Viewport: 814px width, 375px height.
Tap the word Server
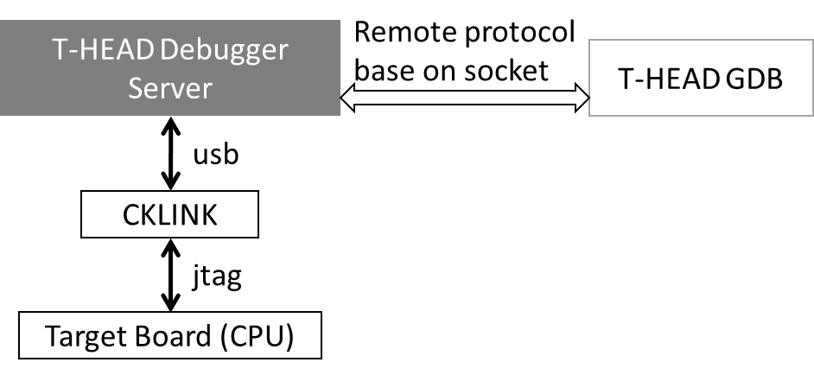[x=170, y=89]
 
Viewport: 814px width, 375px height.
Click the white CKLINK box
[x=169, y=214]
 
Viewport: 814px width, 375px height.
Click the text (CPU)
[x=254, y=337]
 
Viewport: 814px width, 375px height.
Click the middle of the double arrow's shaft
[x=465, y=99]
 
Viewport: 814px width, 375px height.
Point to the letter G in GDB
[x=735, y=79]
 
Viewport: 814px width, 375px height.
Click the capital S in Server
[x=136, y=89]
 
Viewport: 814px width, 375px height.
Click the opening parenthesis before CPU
[x=218, y=337]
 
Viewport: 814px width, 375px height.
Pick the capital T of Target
[x=51, y=337]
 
